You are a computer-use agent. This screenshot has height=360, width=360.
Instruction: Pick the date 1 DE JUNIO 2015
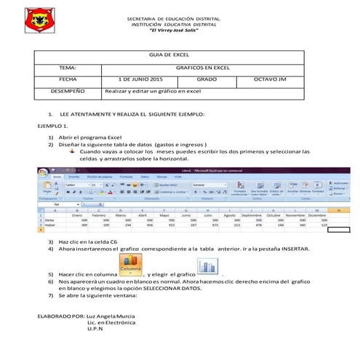pyautogui.click(x=141, y=79)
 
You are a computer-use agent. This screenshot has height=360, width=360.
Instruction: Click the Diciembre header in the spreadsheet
pyautogui.click(x=317, y=215)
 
